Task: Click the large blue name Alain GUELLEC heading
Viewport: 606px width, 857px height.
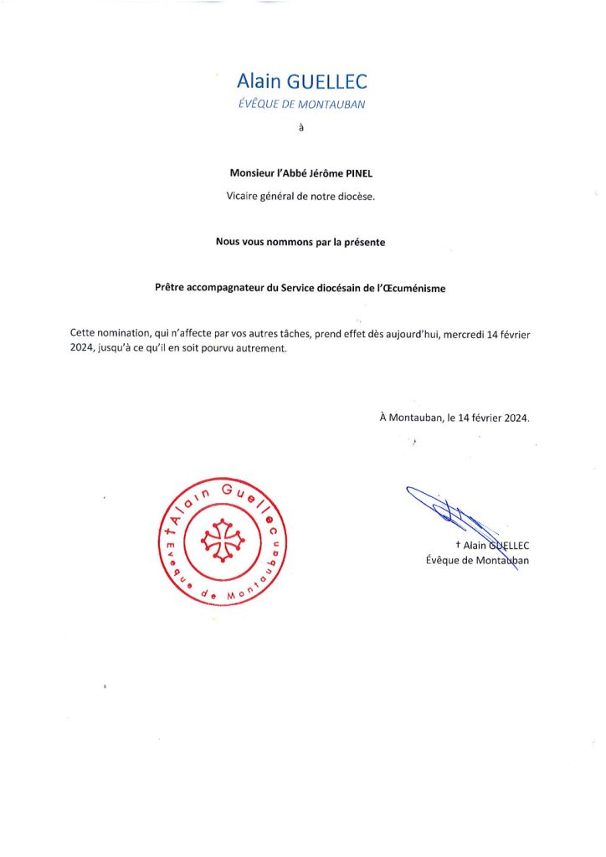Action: pyautogui.click(x=302, y=81)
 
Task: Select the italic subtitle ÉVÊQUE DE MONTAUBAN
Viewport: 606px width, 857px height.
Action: pyautogui.click(x=302, y=105)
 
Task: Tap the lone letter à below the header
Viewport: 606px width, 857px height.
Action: pyautogui.click(x=302, y=129)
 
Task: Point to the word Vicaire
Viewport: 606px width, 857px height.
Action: pyautogui.click(x=246, y=197)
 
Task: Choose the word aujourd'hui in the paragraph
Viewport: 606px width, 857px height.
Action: pyautogui.click(x=410, y=333)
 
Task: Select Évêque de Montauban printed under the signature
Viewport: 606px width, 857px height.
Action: pyautogui.click(x=477, y=560)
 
